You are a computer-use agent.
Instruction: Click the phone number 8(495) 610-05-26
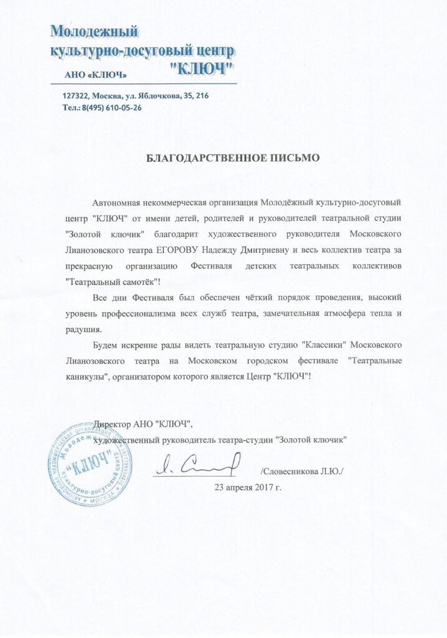[110, 107]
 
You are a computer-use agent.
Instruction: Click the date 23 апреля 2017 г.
[248, 486]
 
